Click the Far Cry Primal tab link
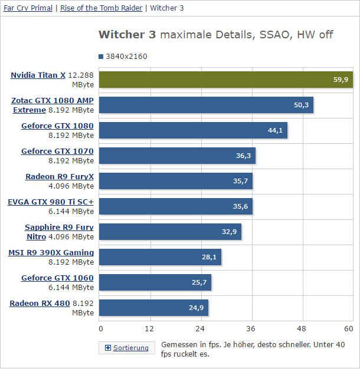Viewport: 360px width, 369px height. tap(28, 8)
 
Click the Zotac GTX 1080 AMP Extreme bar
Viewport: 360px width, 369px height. tap(206, 105)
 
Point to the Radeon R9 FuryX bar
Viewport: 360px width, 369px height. tap(176, 181)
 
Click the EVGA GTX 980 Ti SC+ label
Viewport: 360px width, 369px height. tap(51, 202)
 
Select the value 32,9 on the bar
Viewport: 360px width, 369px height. tap(229, 232)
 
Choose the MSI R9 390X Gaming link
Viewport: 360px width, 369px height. tap(51, 253)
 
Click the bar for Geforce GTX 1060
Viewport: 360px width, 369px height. tap(155, 282)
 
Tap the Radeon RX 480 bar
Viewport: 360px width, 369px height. tap(153, 308)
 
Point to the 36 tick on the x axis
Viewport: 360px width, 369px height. tap(251, 328)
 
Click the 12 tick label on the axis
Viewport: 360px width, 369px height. tap(150, 328)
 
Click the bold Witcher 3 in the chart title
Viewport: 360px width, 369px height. tap(127, 35)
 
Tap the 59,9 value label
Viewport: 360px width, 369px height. tap(341, 80)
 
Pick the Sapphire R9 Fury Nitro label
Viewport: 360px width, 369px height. tap(59, 232)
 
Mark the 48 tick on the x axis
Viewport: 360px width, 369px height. tap(302, 328)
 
